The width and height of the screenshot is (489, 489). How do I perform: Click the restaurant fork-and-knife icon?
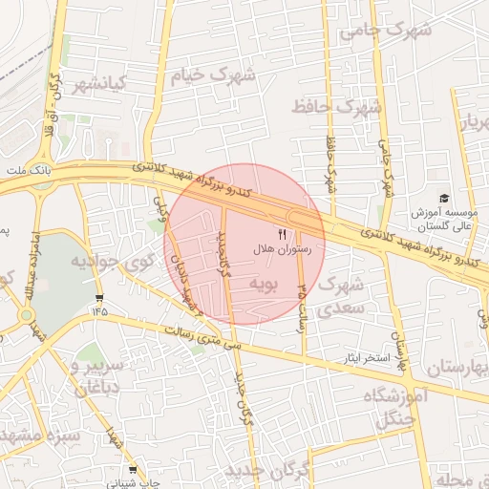(x=281, y=232)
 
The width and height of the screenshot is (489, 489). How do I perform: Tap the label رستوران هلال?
(x=276, y=248)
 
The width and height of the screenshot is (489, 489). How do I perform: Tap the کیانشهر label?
(x=100, y=83)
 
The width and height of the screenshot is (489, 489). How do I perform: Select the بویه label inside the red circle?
(x=263, y=284)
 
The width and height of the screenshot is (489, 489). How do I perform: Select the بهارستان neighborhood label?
(x=453, y=367)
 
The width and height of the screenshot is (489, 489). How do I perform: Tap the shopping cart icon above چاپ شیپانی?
(x=133, y=470)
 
